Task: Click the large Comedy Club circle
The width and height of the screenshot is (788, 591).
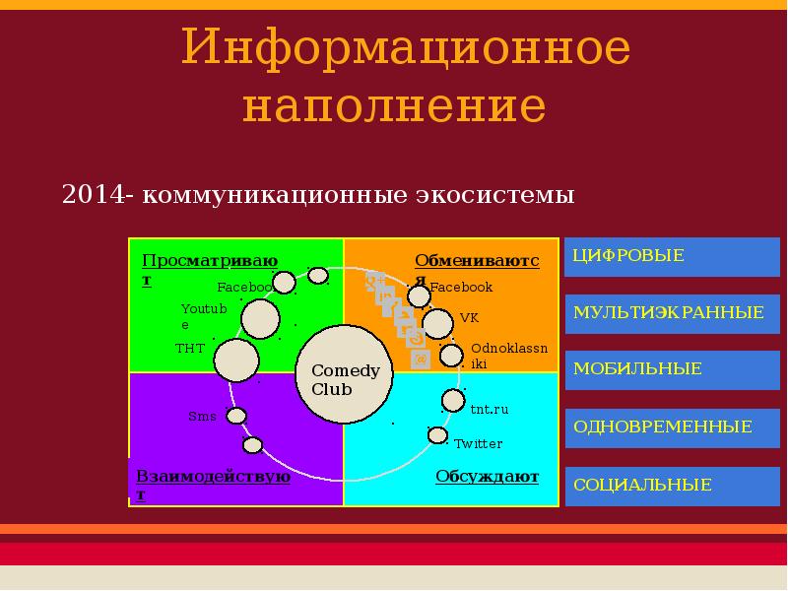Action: coord(344,374)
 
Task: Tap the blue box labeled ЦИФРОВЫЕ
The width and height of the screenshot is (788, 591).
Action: coord(672,257)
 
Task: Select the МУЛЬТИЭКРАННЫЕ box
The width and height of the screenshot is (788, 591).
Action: coord(672,314)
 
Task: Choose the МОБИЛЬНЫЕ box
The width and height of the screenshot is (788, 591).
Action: coord(672,370)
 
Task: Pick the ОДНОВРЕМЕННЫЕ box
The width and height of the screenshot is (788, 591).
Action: coord(672,428)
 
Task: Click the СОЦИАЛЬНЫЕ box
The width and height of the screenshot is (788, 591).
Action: coord(672,486)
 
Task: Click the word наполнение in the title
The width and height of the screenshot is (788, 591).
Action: coord(395,106)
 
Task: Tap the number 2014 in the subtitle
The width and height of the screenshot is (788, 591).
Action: coord(93,194)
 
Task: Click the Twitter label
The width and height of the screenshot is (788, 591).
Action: coord(478,444)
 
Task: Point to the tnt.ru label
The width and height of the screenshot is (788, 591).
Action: coord(489,409)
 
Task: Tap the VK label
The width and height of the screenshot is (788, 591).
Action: coord(470,317)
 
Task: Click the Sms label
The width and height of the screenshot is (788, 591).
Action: coord(202,416)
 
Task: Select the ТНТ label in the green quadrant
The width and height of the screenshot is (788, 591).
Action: coord(190,349)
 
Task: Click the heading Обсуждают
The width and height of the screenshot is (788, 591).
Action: coord(487,477)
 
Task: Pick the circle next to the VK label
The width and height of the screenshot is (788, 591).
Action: coord(437,324)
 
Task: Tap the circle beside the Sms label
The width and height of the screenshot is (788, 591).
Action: coord(236,416)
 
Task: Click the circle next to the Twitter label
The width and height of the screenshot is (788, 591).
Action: coord(437,435)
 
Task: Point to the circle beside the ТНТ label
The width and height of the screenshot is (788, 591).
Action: coord(236,361)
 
